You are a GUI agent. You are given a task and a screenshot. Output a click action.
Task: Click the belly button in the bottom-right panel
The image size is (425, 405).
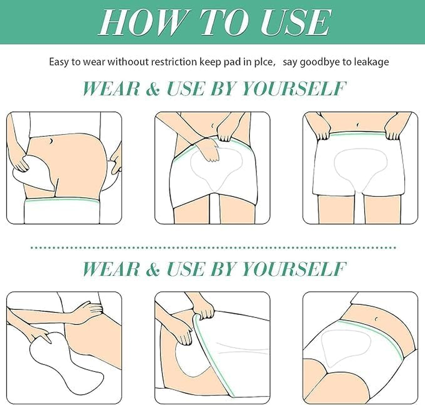pos(377,318)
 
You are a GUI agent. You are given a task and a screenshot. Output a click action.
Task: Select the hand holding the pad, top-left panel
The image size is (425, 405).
pos(19,163)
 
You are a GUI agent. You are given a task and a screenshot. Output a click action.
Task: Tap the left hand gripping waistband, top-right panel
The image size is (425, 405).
pos(318,131)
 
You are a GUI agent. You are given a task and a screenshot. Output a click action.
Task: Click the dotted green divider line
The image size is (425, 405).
pos(212,247)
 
